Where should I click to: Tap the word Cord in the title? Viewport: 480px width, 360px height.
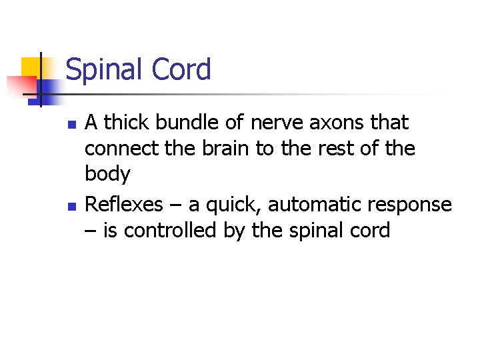tap(182, 69)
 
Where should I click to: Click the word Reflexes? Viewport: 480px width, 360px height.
tap(125, 203)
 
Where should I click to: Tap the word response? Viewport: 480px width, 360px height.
tap(414, 205)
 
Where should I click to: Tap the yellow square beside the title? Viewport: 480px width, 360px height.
tap(31, 67)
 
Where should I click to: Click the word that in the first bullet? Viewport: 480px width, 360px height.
tap(390, 123)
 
